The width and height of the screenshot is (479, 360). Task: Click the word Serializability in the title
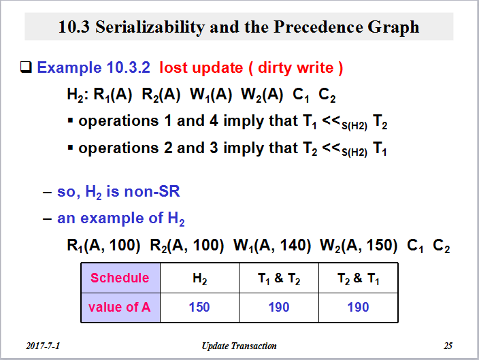(150, 27)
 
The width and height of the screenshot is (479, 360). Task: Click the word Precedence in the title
(318, 27)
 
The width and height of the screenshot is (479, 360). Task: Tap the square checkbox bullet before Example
(26, 67)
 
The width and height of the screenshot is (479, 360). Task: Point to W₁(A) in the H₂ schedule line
(211, 95)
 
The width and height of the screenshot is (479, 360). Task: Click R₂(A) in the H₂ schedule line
(161, 95)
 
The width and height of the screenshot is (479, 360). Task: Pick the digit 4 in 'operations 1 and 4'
(214, 120)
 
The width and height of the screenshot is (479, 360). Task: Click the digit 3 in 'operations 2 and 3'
(214, 148)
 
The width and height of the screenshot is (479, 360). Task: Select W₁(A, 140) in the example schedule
(272, 246)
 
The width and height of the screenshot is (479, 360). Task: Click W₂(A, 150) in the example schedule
(359, 246)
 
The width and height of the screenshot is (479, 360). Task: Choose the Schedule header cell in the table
(120, 278)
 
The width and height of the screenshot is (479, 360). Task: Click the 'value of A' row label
(120, 307)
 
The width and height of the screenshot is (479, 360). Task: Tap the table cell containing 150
(199, 308)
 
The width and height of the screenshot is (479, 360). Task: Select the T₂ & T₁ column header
(359, 278)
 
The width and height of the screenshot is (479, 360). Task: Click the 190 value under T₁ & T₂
(279, 307)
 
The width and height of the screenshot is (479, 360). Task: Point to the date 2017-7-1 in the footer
(43, 346)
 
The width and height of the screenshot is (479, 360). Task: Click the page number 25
(448, 346)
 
